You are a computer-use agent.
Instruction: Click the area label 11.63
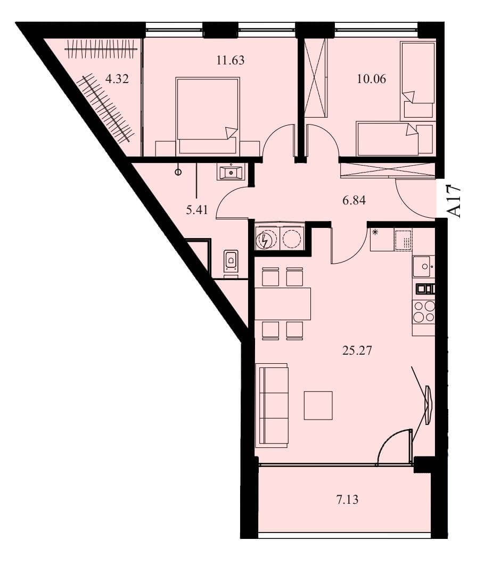pyautogui.click(x=230, y=60)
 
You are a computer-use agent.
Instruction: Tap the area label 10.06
pyautogui.click(x=371, y=79)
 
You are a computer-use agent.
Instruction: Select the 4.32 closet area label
pyautogui.click(x=117, y=79)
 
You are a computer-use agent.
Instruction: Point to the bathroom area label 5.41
pyautogui.click(x=197, y=210)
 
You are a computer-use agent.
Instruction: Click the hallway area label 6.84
pyautogui.click(x=354, y=200)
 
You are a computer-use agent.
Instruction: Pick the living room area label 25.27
pyautogui.click(x=357, y=350)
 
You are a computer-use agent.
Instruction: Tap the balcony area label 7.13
pyautogui.click(x=347, y=499)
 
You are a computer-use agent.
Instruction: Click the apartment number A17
pyautogui.click(x=454, y=201)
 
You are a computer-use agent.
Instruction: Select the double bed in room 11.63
pyautogui.click(x=208, y=116)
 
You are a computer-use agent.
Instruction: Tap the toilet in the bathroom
pyautogui.click(x=231, y=260)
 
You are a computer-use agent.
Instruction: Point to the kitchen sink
pyautogui.click(x=423, y=266)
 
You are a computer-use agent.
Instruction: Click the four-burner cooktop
pyautogui.click(x=423, y=312)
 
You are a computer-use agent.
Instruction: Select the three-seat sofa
pyautogui.click(x=272, y=405)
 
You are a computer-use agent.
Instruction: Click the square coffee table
pyautogui.click(x=318, y=405)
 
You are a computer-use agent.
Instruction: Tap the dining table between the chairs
pyautogui.click(x=283, y=304)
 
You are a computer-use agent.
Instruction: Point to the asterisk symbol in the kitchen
pyautogui.click(x=375, y=232)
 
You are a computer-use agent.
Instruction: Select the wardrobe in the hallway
pyautogui.click(x=388, y=170)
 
